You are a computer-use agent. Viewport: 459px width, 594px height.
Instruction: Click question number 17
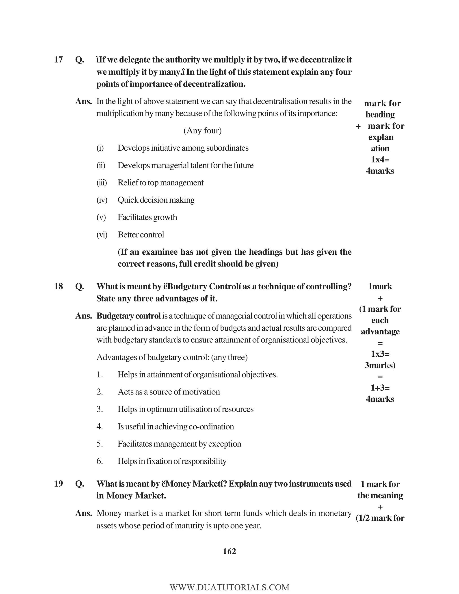tap(58, 60)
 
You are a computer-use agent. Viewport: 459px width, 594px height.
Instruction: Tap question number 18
tap(58, 286)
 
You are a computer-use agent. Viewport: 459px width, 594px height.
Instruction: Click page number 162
tap(229, 551)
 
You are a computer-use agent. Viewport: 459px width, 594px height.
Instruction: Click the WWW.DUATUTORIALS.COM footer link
tap(229, 587)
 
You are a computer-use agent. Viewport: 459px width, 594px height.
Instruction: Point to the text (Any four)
tap(203, 131)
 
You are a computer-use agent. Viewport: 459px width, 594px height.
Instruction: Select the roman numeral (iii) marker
tap(102, 183)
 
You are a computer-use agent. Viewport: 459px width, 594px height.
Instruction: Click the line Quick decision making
tap(156, 200)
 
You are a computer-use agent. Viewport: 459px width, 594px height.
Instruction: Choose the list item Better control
tap(141, 235)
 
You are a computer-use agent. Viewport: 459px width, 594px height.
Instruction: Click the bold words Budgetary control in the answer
tap(129, 316)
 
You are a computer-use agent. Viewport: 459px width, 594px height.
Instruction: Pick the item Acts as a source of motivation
tap(169, 392)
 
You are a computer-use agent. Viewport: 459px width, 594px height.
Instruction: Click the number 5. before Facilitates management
tap(100, 444)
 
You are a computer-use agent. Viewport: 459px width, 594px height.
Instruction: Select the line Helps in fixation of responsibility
tap(172, 461)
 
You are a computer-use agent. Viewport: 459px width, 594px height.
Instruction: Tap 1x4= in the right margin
tap(380, 160)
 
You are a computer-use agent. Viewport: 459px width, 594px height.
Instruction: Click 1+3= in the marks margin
tap(380, 388)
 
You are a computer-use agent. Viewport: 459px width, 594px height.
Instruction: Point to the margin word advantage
tap(380, 332)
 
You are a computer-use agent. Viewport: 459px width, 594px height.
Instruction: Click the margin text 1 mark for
tap(380, 484)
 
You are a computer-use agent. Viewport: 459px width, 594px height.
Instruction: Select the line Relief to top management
tap(160, 183)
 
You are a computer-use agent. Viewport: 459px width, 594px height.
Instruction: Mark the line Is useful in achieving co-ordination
tap(176, 427)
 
